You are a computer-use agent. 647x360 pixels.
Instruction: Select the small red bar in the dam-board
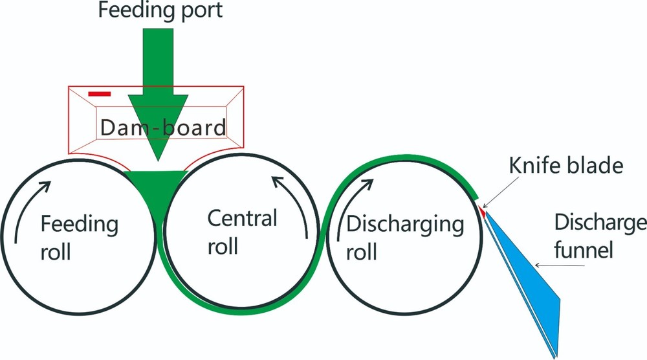[x=99, y=94]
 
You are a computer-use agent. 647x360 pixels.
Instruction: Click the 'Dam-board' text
[x=162, y=126]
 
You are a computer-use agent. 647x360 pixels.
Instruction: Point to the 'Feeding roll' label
[x=79, y=238]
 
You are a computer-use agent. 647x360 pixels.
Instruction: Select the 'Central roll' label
[x=241, y=231]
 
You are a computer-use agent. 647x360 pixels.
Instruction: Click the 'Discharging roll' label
[x=405, y=238]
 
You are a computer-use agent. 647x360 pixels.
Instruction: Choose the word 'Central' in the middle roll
[x=241, y=218]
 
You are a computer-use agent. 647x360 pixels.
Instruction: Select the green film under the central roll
[x=239, y=309]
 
